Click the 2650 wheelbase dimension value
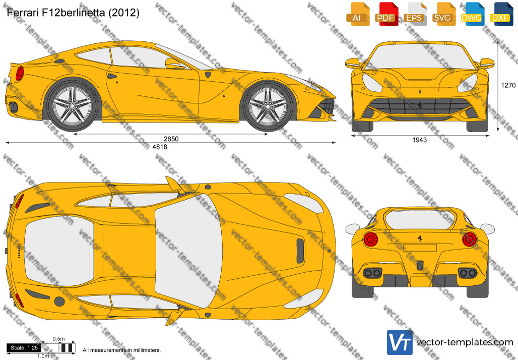coord(171,139)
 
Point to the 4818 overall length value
coord(160,147)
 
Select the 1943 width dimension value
coord(420,140)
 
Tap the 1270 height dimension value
coord(508,85)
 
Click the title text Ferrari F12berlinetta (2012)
coord(73,13)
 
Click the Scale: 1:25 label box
coord(24,348)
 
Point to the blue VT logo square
coord(400,342)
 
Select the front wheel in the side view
coord(268,106)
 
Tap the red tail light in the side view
coord(20,74)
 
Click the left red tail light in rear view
coord(371,239)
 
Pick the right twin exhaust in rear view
coord(468,273)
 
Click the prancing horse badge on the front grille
coord(420,105)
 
